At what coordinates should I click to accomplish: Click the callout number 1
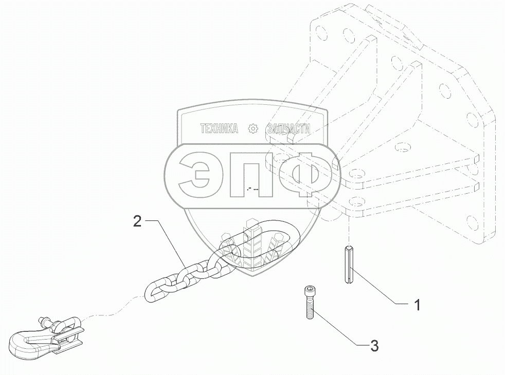(x=418, y=305)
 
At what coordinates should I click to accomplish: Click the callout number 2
(x=137, y=222)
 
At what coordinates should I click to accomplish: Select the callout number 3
(x=374, y=346)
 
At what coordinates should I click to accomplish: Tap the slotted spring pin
(x=349, y=264)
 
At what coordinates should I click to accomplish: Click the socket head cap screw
(x=310, y=303)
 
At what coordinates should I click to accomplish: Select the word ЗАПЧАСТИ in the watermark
(x=289, y=129)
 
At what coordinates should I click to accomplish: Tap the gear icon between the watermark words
(x=252, y=129)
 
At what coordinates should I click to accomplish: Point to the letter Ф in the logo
(x=306, y=175)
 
